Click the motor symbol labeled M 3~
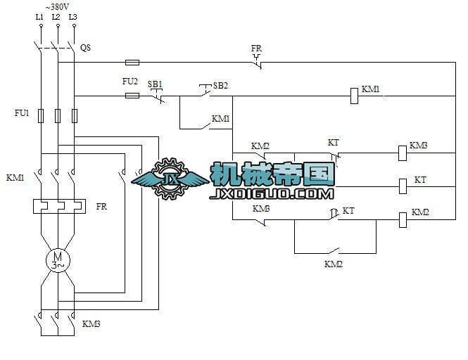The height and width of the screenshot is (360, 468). tap(58, 261)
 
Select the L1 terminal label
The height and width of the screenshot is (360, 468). tap(39, 16)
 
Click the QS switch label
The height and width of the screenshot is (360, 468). tap(85, 48)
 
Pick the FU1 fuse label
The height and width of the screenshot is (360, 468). tap(22, 112)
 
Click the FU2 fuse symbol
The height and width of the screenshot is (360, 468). tap(131, 95)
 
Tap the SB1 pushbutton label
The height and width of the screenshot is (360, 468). tap(155, 84)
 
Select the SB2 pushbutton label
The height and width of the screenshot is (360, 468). tap(220, 85)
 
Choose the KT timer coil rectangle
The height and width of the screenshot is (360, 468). tap(403, 186)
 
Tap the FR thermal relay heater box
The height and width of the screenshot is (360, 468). tap(58, 207)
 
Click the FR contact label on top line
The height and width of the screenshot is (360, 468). tap(256, 49)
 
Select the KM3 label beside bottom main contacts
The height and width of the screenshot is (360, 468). tap(91, 324)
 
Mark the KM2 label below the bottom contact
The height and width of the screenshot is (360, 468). tap(333, 264)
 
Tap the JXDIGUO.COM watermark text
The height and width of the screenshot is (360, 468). tap(271, 193)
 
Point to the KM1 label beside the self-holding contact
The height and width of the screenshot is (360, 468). tap(221, 119)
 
